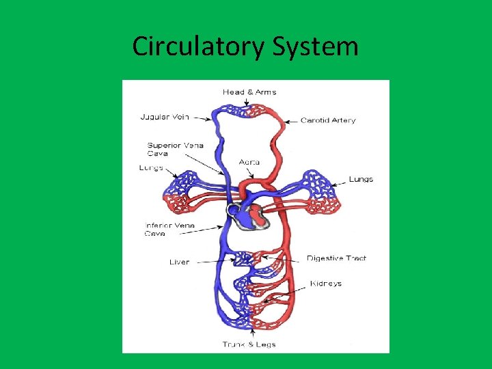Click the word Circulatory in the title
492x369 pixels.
click(x=198, y=46)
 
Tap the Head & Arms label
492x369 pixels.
click(x=249, y=92)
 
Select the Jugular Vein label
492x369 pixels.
click(x=165, y=117)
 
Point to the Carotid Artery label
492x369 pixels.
click(x=328, y=121)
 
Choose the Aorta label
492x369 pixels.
click(x=249, y=162)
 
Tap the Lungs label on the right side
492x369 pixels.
click(x=361, y=179)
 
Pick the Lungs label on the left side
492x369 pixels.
click(x=150, y=168)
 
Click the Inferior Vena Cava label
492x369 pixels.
click(x=169, y=229)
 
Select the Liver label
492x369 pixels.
click(x=179, y=262)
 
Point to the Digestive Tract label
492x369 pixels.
click(x=336, y=258)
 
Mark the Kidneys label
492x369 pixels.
click(x=325, y=284)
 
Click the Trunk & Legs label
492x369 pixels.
click(x=249, y=344)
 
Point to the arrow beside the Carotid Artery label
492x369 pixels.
click(x=290, y=121)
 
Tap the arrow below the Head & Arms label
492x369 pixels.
click(x=247, y=100)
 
